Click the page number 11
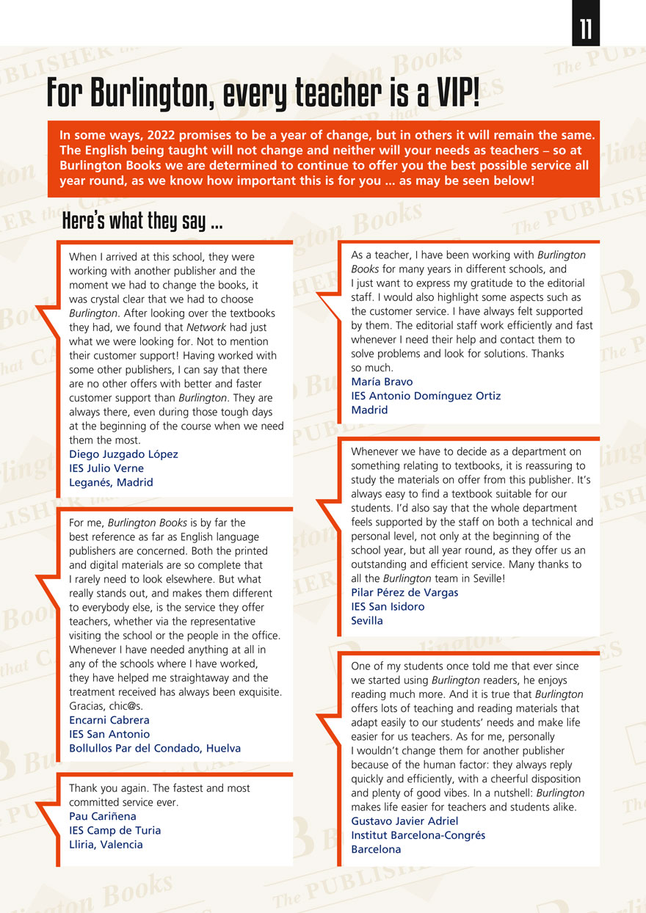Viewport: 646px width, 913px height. click(586, 29)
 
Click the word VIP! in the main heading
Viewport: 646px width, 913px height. click(447, 93)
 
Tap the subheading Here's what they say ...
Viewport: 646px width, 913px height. click(142, 219)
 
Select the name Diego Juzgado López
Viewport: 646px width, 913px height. click(123, 454)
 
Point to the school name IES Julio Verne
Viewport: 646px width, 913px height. click(106, 468)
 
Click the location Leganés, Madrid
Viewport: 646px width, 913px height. click(111, 482)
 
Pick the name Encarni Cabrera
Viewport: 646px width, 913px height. click(109, 720)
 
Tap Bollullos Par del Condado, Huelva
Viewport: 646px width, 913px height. click(155, 749)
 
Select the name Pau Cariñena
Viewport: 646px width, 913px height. click(103, 816)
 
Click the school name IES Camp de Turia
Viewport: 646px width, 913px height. click(115, 830)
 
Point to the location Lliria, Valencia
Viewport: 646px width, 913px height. click(106, 844)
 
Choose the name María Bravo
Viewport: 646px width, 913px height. click(382, 382)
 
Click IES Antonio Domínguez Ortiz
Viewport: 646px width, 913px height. click(426, 396)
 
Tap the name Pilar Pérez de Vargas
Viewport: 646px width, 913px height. click(404, 592)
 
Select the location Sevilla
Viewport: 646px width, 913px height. click(367, 620)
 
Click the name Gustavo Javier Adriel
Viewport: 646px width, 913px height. click(404, 821)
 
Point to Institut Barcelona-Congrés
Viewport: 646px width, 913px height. click(418, 835)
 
